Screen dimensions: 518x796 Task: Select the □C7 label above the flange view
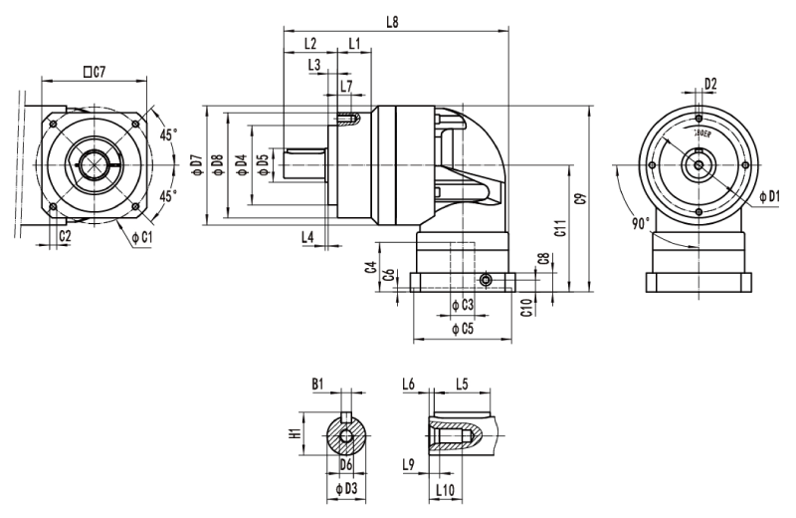click(96, 71)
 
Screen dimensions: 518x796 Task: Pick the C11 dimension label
click(560, 228)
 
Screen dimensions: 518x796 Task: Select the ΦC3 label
click(462, 303)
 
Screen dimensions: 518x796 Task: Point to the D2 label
click(710, 84)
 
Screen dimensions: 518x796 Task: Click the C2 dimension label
click(64, 236)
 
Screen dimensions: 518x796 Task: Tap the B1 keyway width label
click(318, 383)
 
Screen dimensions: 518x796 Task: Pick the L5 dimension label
click(462, 383)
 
